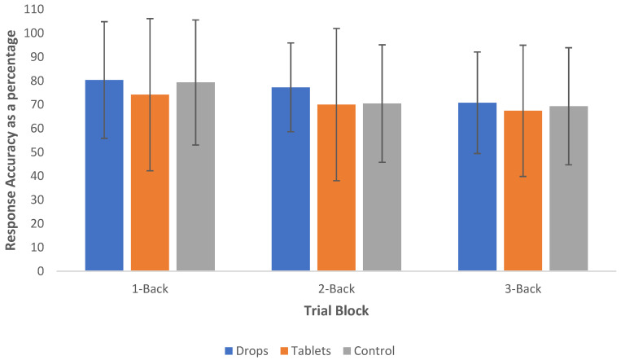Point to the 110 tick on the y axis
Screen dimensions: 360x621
pyautogui.click(x=34, y=10)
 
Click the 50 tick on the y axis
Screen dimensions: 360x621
pyautogui.click(x=37, y=152)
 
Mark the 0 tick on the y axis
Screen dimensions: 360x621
pyautogui.click(x=41, y=271)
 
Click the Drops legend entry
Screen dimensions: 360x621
pyautogui.click(x=247, y=351)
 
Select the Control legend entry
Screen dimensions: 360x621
pyautogui.click(x=369, y=351)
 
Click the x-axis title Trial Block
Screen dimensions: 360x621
pyautogui.click(x=336, y=310)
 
